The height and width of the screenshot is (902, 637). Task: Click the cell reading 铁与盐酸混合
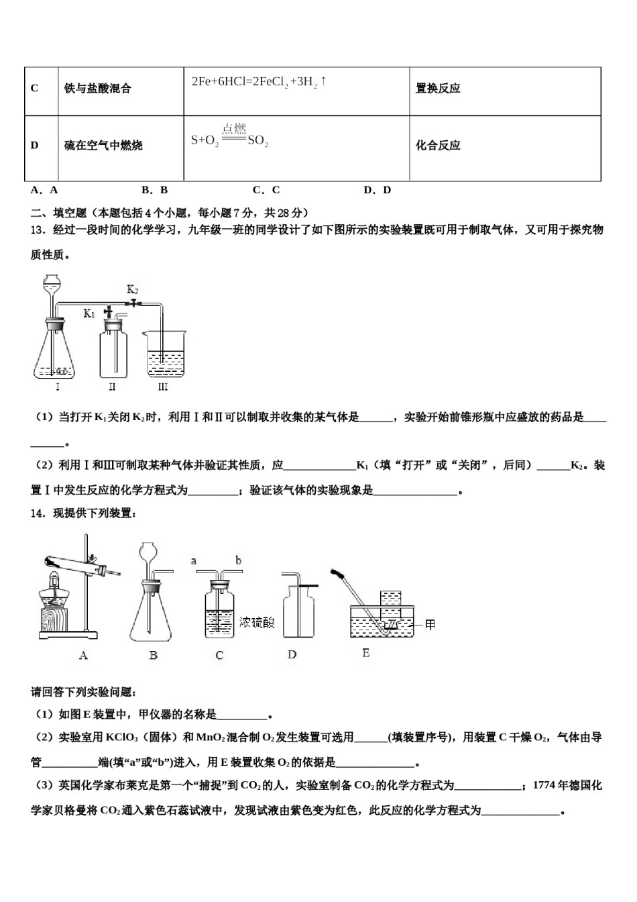pos(98,89)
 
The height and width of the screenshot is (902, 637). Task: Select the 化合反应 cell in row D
pos(438,146)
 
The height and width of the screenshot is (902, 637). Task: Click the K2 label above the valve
pos(133,289)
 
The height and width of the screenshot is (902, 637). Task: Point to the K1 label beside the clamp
pos(89,313)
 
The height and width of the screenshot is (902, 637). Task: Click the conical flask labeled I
pos(54,352)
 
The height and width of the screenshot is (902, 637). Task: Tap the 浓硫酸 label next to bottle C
pos(257,622)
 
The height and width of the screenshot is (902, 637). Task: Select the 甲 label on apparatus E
pos(429,624)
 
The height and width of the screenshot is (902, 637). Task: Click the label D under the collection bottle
pos(292,654)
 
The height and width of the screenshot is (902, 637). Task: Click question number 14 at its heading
pos(38,513)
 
